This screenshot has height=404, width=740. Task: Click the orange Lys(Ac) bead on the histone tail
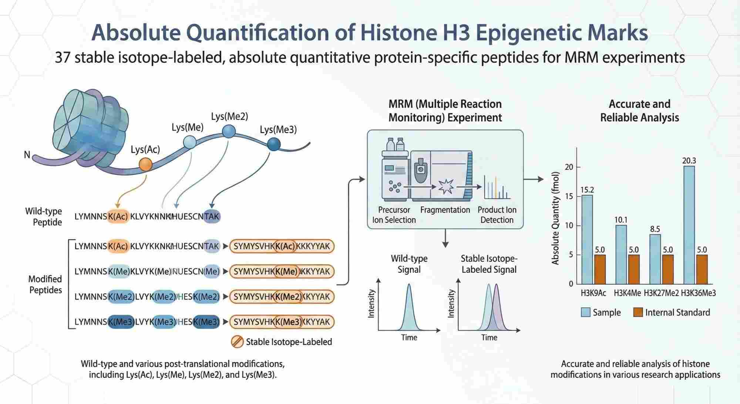point(145,164)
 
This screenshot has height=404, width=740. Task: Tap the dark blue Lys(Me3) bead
point(274,144)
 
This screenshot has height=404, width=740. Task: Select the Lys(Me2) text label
point(229,116)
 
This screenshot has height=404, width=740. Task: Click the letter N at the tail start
point(27,155)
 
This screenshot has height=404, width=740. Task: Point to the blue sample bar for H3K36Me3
point(689,225)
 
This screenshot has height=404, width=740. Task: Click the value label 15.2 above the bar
point(587,190)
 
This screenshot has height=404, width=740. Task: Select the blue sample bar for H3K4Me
point(621,254)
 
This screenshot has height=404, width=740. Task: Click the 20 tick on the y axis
point(569,167)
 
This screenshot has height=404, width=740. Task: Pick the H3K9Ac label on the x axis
point(593,293)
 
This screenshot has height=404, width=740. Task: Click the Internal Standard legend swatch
point(638,312)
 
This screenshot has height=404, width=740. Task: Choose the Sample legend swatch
point(585,312)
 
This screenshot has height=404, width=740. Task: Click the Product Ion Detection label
point(497,215)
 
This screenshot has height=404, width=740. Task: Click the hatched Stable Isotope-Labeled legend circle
point(237,342)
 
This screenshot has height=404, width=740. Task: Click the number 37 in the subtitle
point(63,57)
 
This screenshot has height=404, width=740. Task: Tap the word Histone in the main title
point(397,33)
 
